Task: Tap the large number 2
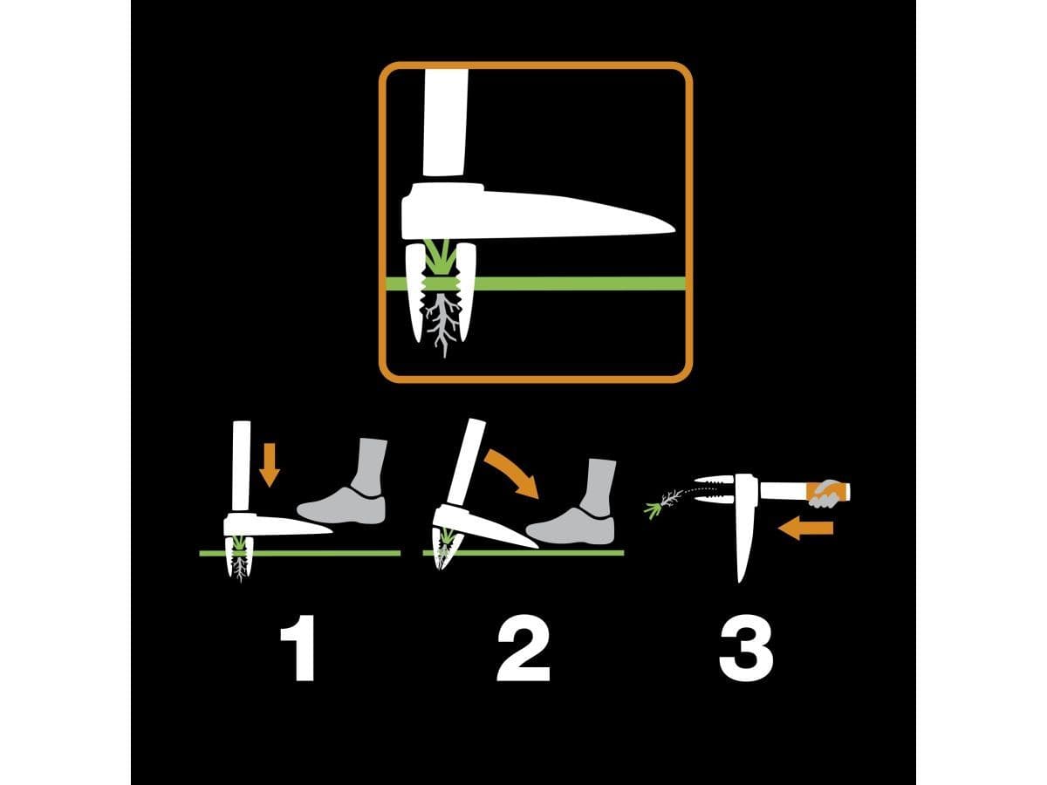[x=523, y=648]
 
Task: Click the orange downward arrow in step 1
[x=270, y=465]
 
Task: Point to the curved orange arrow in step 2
[x=513, y=473]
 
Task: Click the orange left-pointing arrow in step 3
[x=805, y=528]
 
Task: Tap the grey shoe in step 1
[x=342, y=506]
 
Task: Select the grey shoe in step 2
[x=571, y=526]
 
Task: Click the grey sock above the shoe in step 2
[x=599, y=486]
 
